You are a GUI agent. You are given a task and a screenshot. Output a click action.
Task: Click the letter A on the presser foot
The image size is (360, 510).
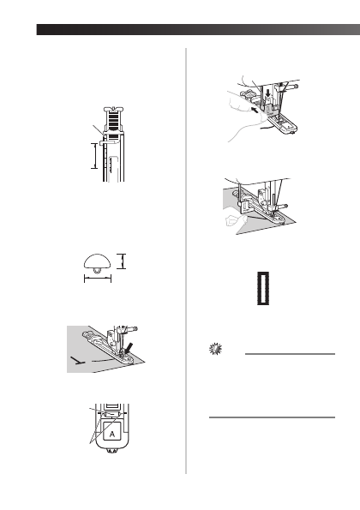pyautogui.click(x=112, y=434)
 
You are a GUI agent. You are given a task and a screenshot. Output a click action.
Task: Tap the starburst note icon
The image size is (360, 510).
pyautogui.click(x=215, y=349)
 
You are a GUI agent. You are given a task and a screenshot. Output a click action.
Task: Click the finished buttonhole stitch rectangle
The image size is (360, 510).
pyautogui.click(x=263, y=288)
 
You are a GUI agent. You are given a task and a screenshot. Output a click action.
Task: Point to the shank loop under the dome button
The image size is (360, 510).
pyautogui.click(x=97, y=271)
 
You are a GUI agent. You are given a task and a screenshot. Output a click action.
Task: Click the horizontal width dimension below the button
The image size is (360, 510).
pyautogui.click(x=98, y=279)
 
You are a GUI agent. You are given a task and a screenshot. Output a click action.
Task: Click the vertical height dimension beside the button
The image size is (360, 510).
pyautogui.click(x=122, y=261)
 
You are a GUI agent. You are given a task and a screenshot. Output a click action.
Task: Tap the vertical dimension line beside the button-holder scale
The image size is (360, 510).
pyautogui.click(x=94, y=156)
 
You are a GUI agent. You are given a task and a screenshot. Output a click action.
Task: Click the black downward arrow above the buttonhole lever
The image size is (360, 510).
pyautogui.click(x=267, y=93)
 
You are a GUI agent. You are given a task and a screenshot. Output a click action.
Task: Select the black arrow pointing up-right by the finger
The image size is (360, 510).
pyautogui.click(x=256, y=111)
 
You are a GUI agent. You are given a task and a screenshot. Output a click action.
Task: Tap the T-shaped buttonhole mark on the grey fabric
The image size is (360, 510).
pyautogui.click(x=78, y=360)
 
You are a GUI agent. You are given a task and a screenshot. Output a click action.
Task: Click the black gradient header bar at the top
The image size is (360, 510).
pyautogui.click(x=198, y=29)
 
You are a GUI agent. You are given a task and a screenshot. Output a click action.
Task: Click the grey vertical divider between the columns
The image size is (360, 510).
pyautogui.click(x=186, y=261)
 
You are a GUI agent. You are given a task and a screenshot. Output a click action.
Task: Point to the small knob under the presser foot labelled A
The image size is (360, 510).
pyautogui.click(x=112, y=451)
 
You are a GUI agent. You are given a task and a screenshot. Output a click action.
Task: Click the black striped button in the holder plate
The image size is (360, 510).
pyautogui.click(x=114, y=123)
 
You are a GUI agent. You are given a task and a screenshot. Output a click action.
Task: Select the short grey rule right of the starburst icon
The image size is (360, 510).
pyautogui.click(x=290, y=353)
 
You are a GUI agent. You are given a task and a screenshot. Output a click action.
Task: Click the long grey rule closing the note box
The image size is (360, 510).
pyautogui.click(x=272, y=417)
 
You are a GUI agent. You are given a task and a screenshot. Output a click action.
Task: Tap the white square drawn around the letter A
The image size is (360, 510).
pyautogui.click(x=112, y=430)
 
